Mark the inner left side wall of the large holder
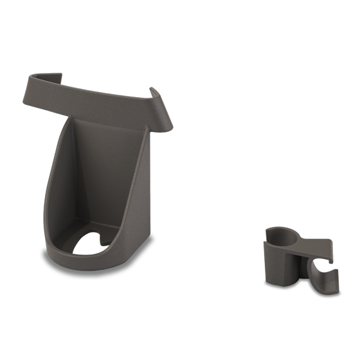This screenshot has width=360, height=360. (x=63, y=180)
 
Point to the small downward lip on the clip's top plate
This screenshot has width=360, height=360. (x=331, y=260)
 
